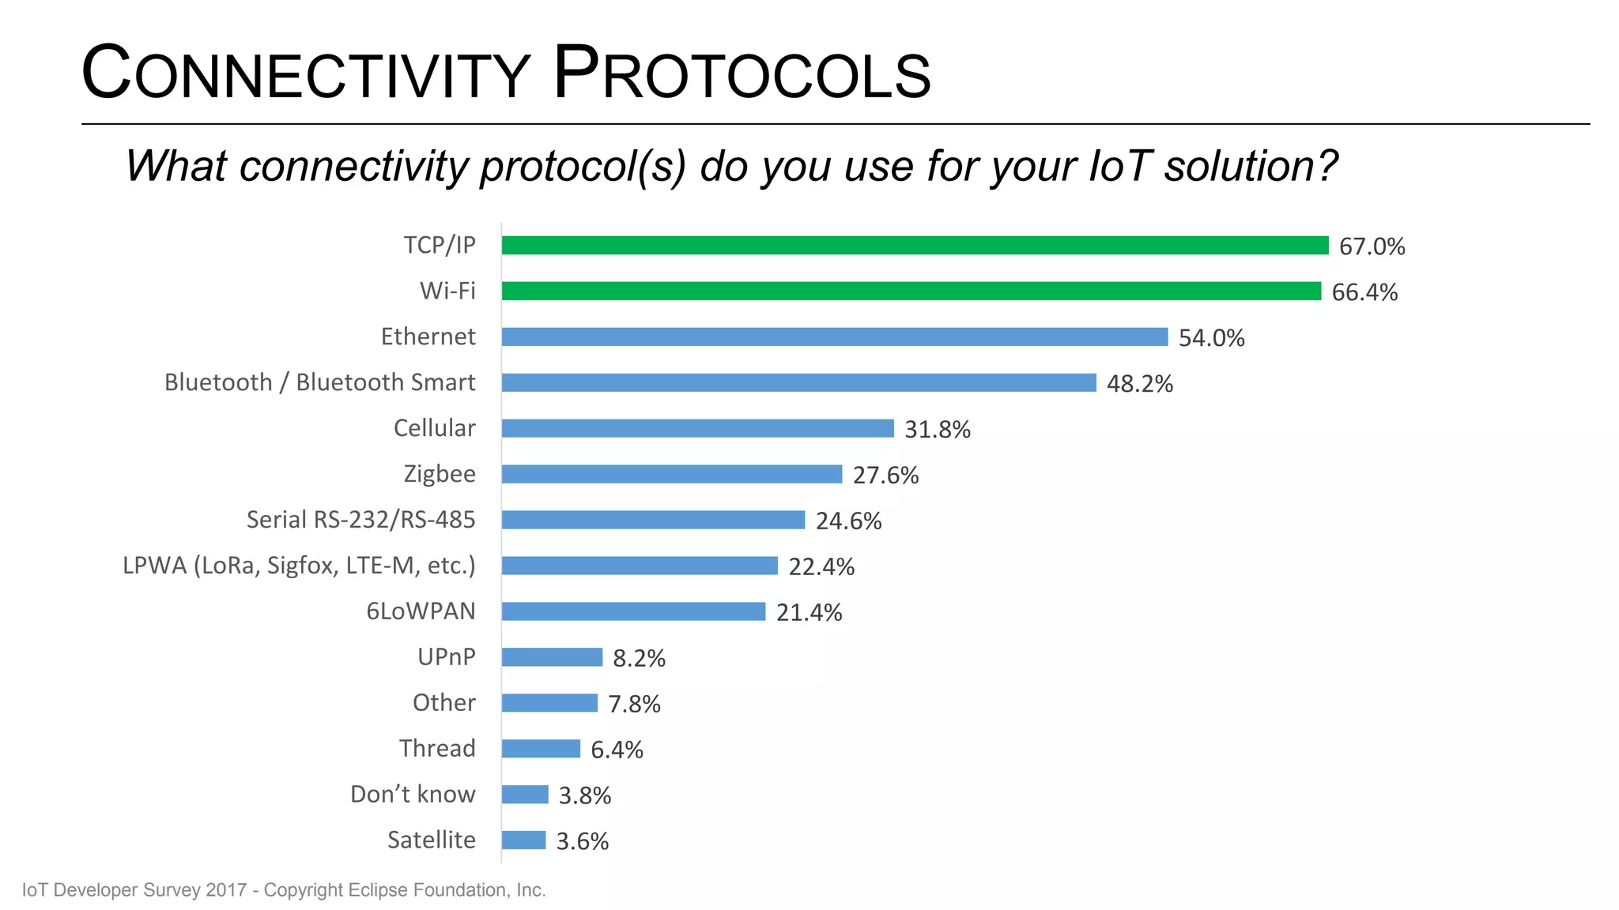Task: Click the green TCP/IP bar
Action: [x=915, y=246]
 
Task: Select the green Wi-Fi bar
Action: [x=911, y=291]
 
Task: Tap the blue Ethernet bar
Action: [x=834, y=337]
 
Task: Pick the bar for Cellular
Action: [x=697, y=428]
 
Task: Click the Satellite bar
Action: [x=523, y=840]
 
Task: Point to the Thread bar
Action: [x=541, y=749]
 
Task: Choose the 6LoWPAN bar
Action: [x=633, y=611]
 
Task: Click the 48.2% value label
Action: [x=1139, y=384]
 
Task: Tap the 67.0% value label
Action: [x=1372, y=246]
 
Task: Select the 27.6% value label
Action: [x=885, y=476]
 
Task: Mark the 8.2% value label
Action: [x=639, y=659]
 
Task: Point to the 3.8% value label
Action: [x=585, y=795]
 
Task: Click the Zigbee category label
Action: [x=440, y=474]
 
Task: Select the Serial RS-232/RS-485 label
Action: [x=360, y=520]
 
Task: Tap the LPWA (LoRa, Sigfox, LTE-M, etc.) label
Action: [x=299, y=566]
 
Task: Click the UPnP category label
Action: [x=446, y=657]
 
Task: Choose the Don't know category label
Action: [x=413, y=794]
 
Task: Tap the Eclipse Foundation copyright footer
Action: [x=284, y=890]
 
